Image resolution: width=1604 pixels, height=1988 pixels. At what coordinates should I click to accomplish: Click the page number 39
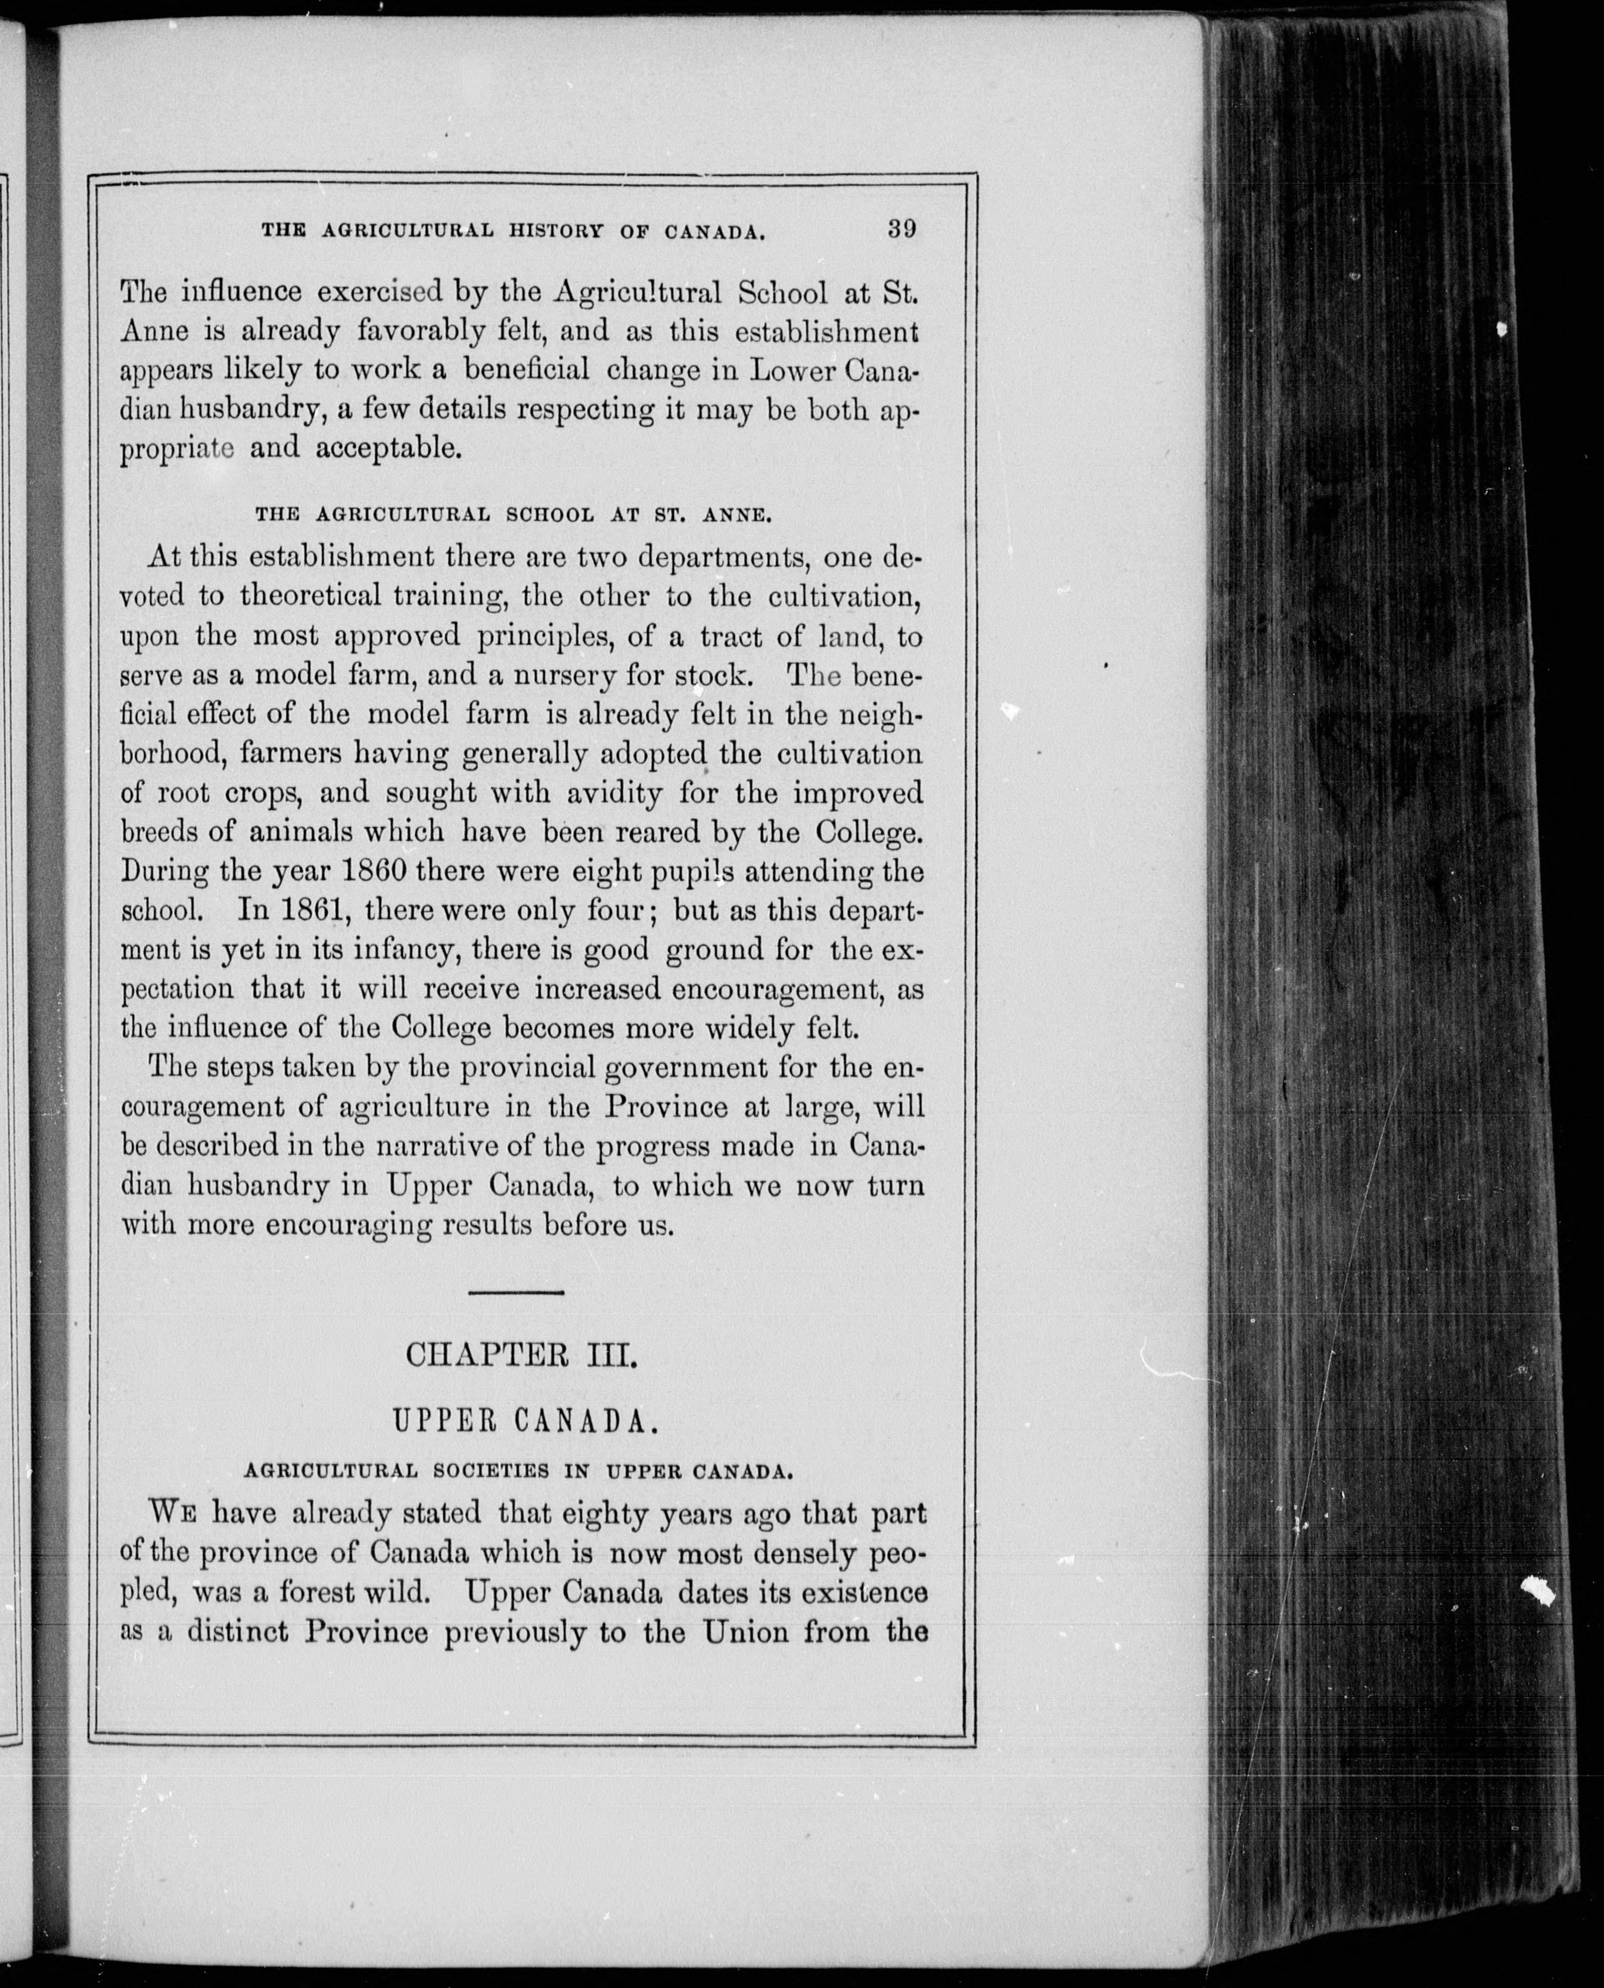(901, 228)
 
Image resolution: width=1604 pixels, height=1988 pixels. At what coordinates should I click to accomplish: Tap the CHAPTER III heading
(521, 1356)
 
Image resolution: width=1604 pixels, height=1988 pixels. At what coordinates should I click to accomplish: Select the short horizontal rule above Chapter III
(517, 1291)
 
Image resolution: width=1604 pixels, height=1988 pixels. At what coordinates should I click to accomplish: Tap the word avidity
(602, 793)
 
